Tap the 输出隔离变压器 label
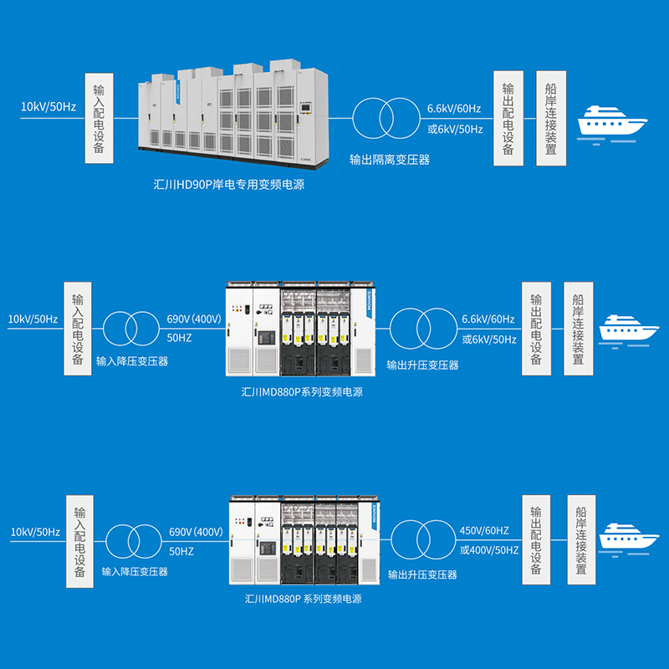[x=390, y=160]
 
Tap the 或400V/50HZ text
[x=489, y=549]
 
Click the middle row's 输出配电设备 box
[x=537, y=328]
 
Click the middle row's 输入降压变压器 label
[x=132, y=362]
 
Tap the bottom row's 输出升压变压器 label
[x=422, y=575]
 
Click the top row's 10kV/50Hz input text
[x=49, y=107]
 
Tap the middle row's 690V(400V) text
[x=194, y=319]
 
